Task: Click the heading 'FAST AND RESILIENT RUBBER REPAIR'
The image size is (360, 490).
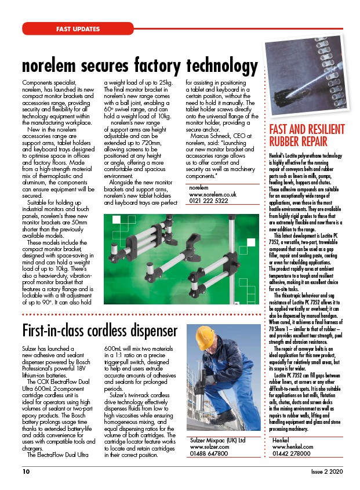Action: [x=307, y=135]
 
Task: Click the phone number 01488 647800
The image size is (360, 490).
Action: [x=209, y=455]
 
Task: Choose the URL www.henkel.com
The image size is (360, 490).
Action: [x=293, y=447]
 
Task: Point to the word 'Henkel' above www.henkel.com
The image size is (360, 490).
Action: [x=283, y=440]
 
